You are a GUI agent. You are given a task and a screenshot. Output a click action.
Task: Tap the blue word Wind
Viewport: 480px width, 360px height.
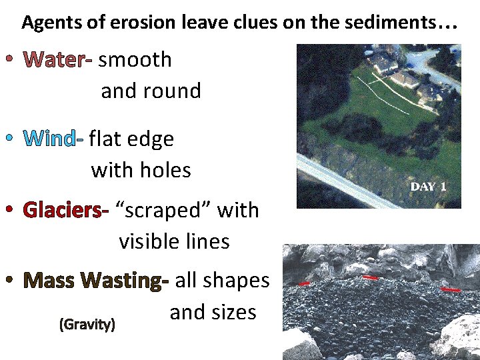click(51, 139)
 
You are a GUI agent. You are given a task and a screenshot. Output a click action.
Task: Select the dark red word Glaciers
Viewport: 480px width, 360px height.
click(65, 211)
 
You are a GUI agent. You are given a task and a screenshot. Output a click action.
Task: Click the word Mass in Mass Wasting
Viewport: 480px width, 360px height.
click(49, 281)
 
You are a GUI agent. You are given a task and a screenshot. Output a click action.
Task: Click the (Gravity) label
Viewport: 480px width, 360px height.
click(87, 325)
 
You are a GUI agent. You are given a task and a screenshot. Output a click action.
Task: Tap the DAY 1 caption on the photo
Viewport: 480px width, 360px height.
click(428, 187)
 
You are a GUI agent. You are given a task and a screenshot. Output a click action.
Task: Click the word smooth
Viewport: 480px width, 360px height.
click(135, 59)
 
